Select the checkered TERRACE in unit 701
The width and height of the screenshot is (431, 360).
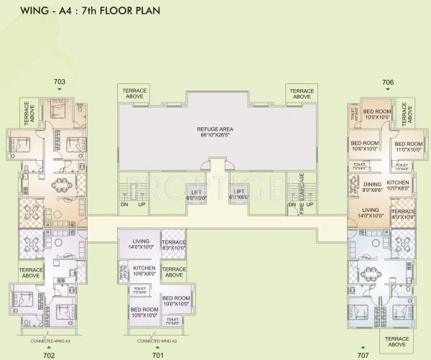coord(173,244)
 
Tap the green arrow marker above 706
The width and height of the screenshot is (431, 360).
coord(368,90)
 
